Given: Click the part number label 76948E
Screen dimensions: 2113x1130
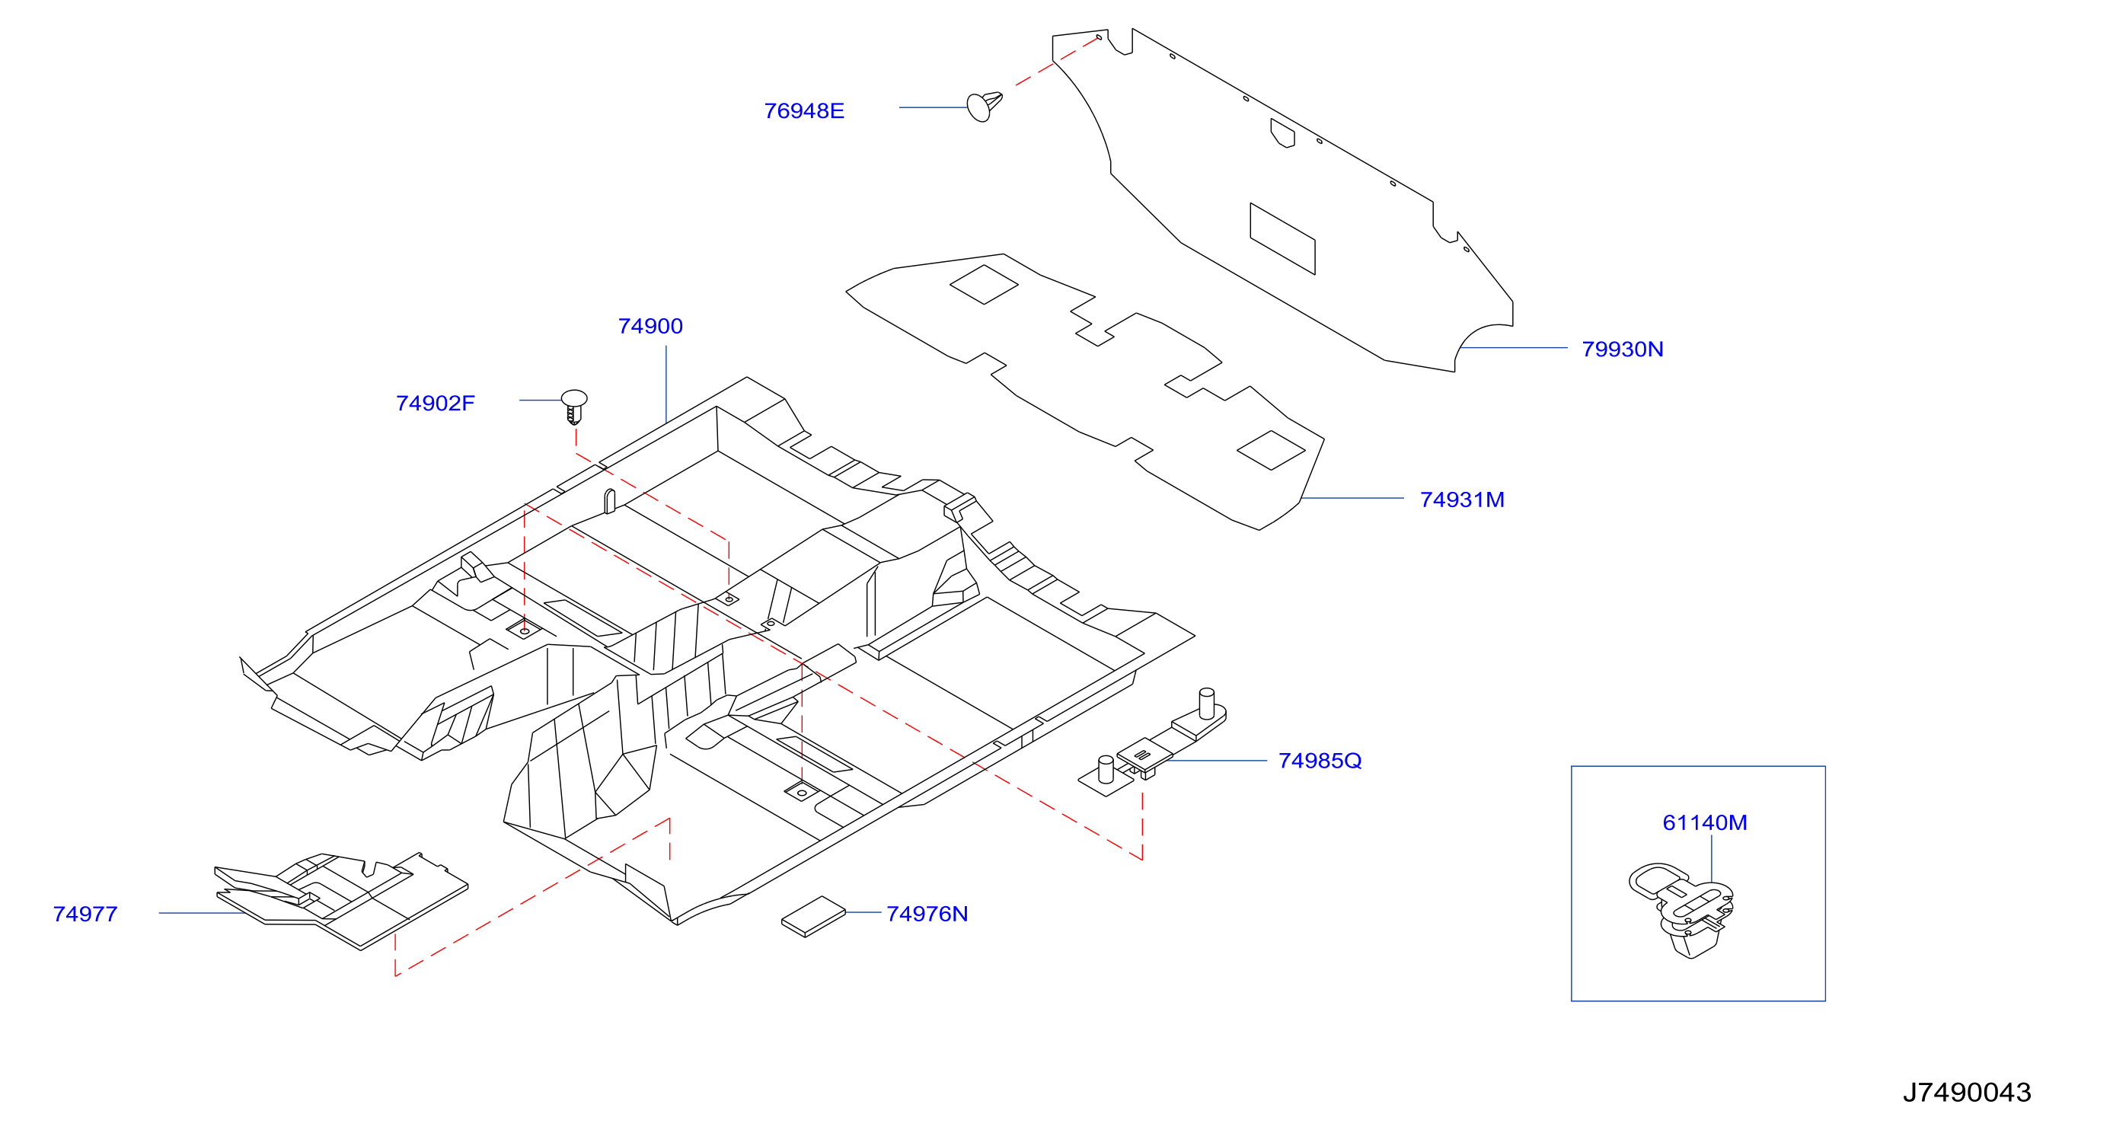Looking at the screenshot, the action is click(804, 110).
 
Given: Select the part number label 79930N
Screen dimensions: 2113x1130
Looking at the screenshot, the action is click(1623, 350).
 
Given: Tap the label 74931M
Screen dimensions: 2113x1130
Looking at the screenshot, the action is click(1463, 500).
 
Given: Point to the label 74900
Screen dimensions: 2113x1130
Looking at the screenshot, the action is click(650, 327).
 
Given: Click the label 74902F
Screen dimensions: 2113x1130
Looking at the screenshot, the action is click(436, 404).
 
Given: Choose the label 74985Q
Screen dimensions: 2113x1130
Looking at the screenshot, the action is click(1320, 761).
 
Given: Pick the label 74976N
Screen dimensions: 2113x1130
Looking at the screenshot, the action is click(927, 915).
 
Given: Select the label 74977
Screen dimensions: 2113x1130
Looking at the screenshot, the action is click(85, 915).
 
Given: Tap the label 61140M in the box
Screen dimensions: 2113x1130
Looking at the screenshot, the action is click(1705, 822).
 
